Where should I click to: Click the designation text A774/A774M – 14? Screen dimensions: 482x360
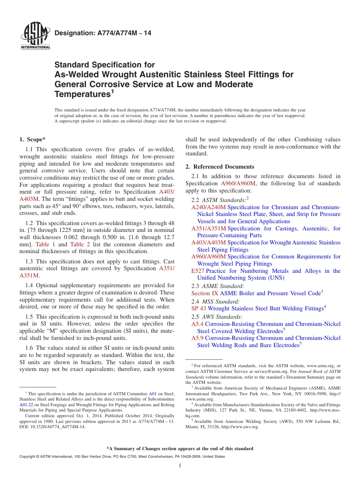tap(103, 33)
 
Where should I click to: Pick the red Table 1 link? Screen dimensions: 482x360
tap(45, 244)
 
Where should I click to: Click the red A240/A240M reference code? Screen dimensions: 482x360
tap(208, 207)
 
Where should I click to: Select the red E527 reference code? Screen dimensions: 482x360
tap(198, 271)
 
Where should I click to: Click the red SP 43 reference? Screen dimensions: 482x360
tap(199, 308)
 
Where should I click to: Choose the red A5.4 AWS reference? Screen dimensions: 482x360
tap(197, 324)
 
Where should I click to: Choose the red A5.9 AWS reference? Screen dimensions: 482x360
tap(197, 338)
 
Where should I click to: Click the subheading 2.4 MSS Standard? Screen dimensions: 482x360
tap(215, 302)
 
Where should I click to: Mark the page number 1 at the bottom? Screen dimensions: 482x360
tap(180, 466)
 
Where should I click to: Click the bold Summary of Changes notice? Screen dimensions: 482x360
tap(180, 449)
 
